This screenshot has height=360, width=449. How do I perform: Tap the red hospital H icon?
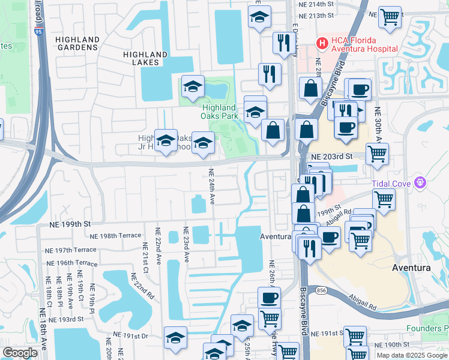click(x=322, y=43)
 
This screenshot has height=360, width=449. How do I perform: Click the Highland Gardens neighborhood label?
click(x=77, y=43)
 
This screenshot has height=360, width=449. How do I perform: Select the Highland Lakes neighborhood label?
click(x=145, y=58)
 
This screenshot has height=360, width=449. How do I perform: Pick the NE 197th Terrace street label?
click(x=71, y=250)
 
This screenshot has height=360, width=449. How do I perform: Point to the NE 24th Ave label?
click(x=212, y=186)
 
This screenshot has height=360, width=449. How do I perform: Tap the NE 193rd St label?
click(x=77, y=319)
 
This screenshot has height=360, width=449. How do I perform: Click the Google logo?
click(x=20, y=353)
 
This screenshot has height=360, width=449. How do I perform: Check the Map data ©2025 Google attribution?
click(x=412, y=355)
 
